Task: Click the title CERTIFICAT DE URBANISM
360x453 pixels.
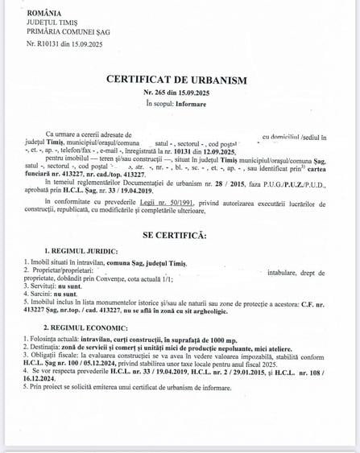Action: click(x=176, y=79)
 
